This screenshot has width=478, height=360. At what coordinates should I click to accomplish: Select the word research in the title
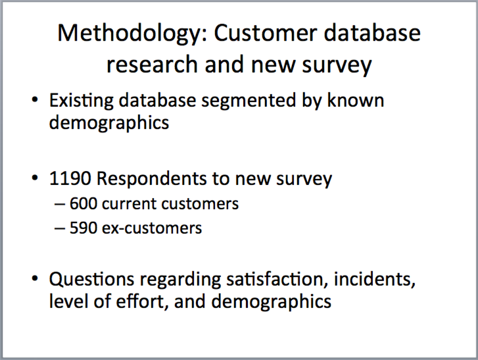pyautogui.click(x=152, y=64)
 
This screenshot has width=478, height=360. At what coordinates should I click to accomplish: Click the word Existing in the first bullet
pyautogui.click(x=82, y=101)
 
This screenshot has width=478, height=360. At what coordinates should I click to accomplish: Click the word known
pyautogui.click(x=356, y=100)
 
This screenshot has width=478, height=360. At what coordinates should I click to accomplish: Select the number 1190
pyautogui.click(x=70, y=178)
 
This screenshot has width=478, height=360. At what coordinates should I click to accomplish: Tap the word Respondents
pyautogui.click(x=151, y=178)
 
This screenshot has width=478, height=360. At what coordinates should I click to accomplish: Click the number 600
pyautogui.click(x=84, y=203)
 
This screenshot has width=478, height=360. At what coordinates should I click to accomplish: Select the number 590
pyautogui.click(x=84, y=228)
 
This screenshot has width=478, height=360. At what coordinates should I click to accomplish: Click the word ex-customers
pyautogui.click(x=152, y=228)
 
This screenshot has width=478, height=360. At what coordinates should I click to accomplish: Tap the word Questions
pyautogui.click(x=91, y=280)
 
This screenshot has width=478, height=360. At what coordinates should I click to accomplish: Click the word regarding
pyautogui.click(x=180, y=280)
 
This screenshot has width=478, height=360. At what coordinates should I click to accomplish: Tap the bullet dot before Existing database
pyautogui.click(x=35, y=100)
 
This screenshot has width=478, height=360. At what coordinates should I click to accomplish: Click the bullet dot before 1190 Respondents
pyautogui.click(x=35, y=178)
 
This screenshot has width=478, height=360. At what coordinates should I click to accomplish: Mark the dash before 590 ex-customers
pyautogui.click(x=60, y=228)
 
